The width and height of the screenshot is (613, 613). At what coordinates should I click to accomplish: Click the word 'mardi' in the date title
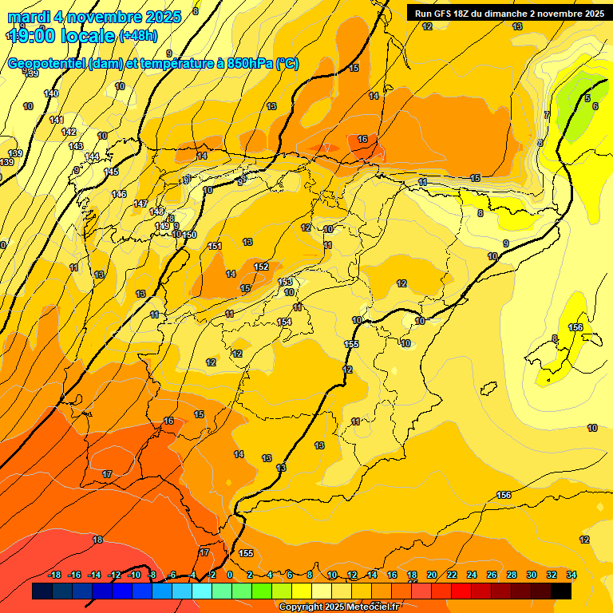(x=26, y=17)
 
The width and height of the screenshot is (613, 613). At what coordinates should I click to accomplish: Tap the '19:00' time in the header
(x=33, y=36)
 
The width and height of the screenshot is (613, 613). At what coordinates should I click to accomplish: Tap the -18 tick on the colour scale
(x=55, y=575)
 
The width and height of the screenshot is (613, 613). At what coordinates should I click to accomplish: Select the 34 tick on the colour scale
(x=571, y=575)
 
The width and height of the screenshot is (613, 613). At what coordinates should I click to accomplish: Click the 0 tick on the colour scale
(x=230, y=575)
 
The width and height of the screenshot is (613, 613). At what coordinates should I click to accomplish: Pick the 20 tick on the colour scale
(x=432, y=575)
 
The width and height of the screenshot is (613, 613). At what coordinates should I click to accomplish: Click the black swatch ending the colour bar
(x=561, y=591)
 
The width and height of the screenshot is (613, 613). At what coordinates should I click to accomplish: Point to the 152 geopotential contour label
(x=261, y=267)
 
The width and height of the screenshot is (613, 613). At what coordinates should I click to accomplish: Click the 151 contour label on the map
(x=215, y=246)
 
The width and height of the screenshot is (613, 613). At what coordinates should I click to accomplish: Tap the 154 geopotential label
(x=284, y=322)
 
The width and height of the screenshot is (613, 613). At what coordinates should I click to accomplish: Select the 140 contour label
(x=51, y=94)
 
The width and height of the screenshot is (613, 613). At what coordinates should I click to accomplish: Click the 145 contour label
(x=111, y=172)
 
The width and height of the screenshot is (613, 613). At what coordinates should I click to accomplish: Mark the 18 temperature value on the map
(x=97, y=540)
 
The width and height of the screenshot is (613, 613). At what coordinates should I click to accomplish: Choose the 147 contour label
(x=141, y=204)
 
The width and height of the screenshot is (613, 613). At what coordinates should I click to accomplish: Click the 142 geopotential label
(x=69, y=132)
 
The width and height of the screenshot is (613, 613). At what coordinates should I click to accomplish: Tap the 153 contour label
(x=285, y=283)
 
